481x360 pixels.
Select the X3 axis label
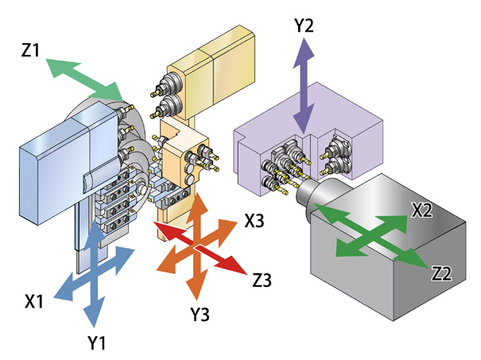pos(254,220)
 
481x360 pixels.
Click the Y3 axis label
pos(200,313)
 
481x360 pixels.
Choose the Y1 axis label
pos(97,343)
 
